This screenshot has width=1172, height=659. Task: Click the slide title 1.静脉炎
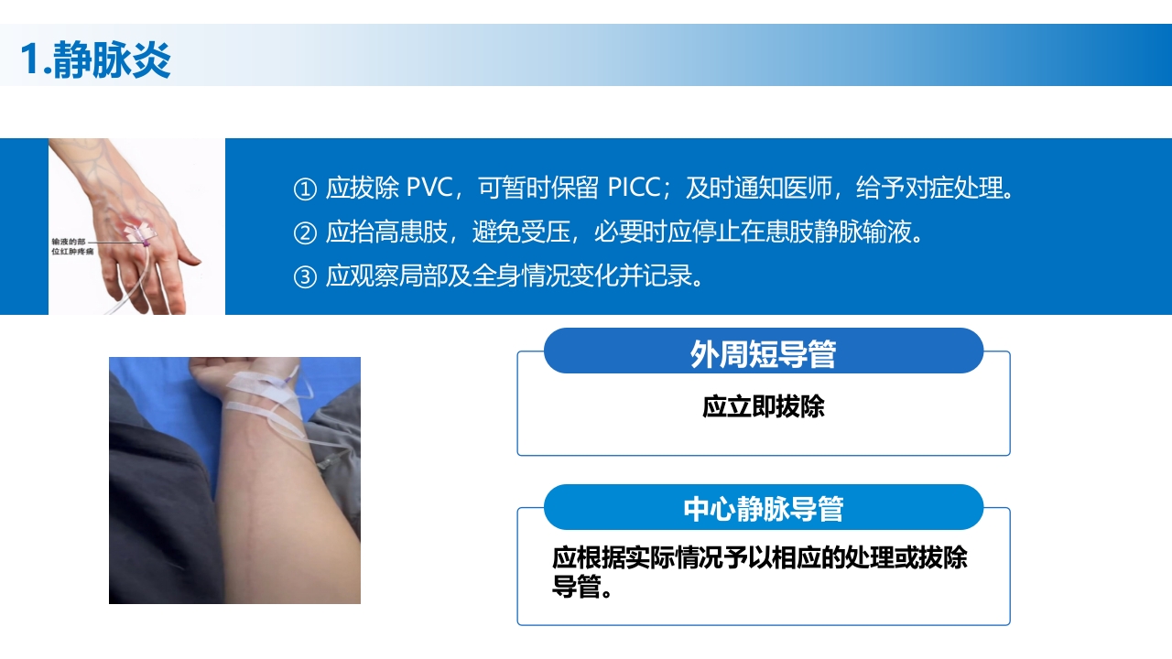click(95, 59)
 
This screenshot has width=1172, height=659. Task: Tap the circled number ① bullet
click(304, 189)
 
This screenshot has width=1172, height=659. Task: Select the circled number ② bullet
click(304, 233)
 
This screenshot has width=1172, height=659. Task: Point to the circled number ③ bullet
click(304, 276)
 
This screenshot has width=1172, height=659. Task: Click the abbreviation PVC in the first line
click(429, 189)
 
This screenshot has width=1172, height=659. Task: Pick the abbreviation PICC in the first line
click(634, 189)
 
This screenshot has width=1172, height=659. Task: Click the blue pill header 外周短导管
click(763, 352)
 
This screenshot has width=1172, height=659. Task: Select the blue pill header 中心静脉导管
click(763, 508)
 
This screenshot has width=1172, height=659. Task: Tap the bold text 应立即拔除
click(763, 406)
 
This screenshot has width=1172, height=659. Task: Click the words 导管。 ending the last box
click(581, 587)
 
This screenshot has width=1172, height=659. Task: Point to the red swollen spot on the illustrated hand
click(143, 228)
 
